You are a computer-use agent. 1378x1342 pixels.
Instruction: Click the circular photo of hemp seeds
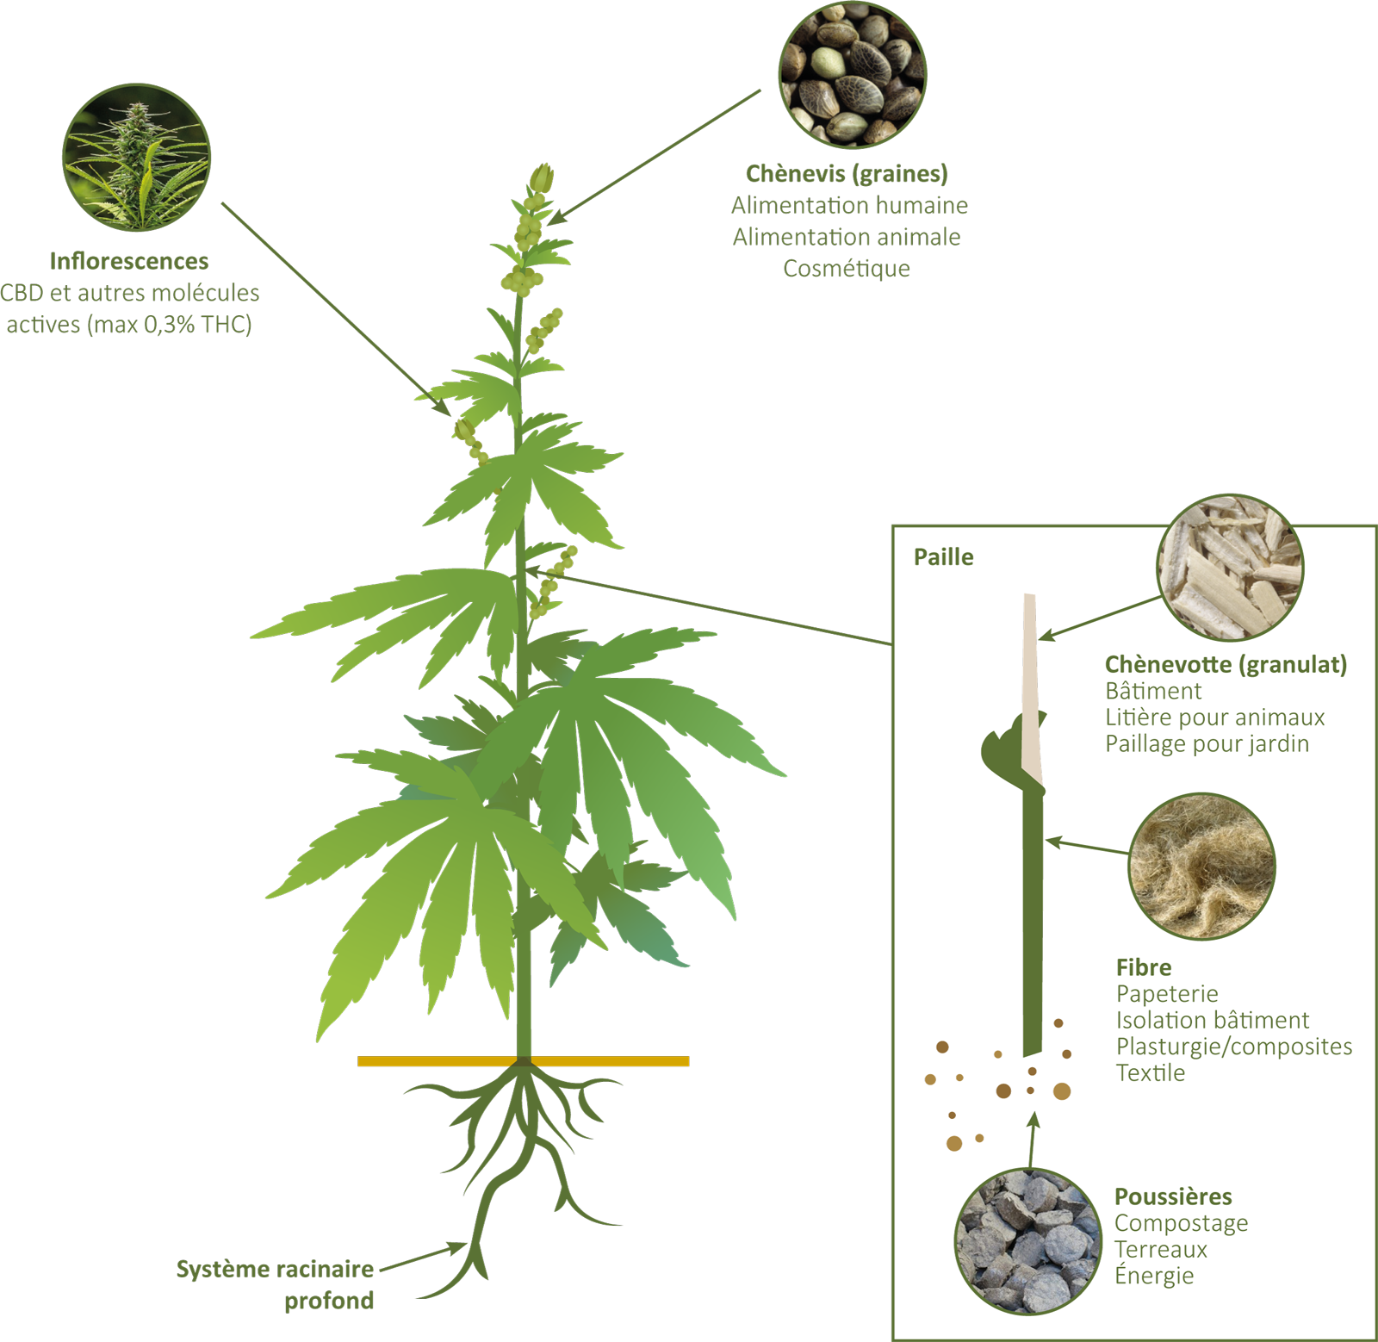(852, 74)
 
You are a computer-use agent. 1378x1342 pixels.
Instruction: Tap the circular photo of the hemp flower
(136, 157)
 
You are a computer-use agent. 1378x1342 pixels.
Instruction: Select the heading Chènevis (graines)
(847, 174)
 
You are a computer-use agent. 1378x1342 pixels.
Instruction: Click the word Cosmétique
(847, 269)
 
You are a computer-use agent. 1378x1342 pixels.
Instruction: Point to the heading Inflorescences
(129, 261)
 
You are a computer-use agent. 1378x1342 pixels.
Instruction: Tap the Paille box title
(943, 557)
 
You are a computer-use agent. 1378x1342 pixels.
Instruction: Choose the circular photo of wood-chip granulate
(1229, 568)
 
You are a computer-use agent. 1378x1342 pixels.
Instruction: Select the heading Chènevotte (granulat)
(1226, 664)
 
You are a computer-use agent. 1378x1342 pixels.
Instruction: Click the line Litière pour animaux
(1214, 718)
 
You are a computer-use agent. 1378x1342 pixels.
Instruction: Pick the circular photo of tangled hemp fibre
(1201, 866)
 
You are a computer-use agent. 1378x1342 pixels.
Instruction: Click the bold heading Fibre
(1143, 967)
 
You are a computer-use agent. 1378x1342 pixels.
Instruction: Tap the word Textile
(1151, 1073)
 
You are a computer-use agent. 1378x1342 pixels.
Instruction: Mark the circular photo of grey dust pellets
(1027, 1241)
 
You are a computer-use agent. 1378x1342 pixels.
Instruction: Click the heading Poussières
(1173, 1196)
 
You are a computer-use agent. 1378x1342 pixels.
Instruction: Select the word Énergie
(1154, 1276)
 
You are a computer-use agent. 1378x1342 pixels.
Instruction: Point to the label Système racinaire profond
(276, 1284)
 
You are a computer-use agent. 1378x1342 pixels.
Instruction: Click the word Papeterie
(1167, 994)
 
